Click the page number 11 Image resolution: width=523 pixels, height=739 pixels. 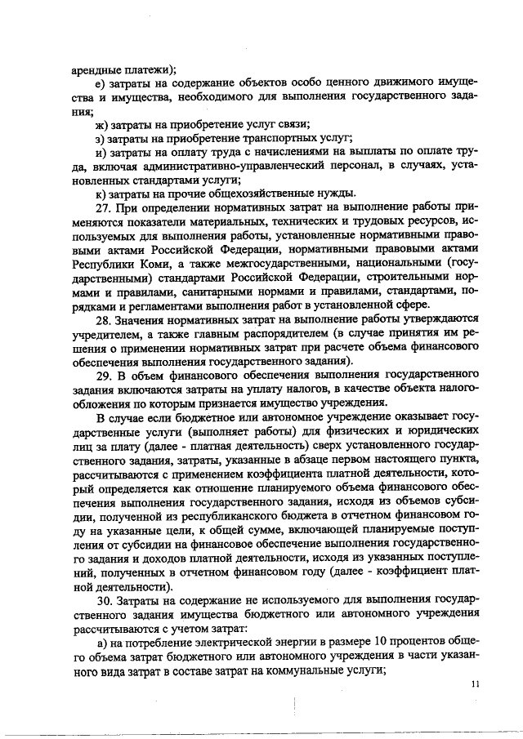(x=475, y=686)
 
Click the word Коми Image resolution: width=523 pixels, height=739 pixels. (x=141, y=264)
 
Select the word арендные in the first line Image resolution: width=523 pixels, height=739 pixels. (x=95, y=69)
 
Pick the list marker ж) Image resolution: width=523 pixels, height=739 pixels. (x=103, y=124)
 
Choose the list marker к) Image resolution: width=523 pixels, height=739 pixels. (x=102, y=194)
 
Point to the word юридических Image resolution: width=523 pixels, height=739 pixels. (x=435, y=431)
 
